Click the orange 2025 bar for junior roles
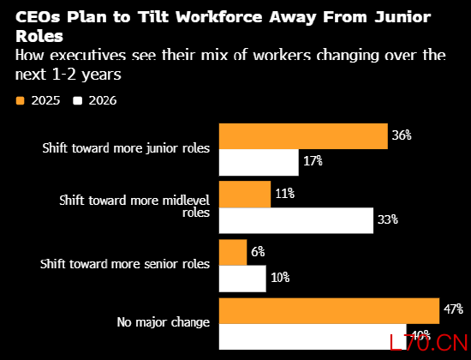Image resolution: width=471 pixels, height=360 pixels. point(303,136)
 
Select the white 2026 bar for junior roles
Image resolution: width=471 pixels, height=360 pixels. point(259,162)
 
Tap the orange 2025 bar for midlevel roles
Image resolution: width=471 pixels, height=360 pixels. point(245,195)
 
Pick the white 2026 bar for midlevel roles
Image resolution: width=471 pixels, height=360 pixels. point(296,220)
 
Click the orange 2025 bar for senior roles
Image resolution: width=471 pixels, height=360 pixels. point(233,252)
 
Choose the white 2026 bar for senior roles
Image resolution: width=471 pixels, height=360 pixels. point(242,279)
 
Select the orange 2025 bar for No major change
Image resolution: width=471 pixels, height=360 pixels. point(329,311)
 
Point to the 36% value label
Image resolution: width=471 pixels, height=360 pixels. point(402,135)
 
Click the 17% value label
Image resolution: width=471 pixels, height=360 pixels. point(313,161)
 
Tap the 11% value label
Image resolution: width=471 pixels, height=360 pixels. point(285,194)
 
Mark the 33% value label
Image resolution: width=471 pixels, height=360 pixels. point(387,219)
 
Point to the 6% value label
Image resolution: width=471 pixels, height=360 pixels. point(258,252)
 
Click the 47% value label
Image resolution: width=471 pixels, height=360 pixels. point(453,309)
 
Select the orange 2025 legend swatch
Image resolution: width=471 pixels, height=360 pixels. point(20,101)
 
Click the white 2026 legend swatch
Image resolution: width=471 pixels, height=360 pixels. point(77,101)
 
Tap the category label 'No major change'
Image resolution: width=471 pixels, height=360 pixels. point(164,322)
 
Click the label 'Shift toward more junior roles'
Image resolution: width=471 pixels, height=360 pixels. point(126,148)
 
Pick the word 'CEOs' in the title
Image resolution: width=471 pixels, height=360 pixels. point(38,17)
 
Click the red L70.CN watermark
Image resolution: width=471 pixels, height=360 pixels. point(429,343)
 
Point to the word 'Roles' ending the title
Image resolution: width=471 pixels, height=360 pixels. point(39,36)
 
